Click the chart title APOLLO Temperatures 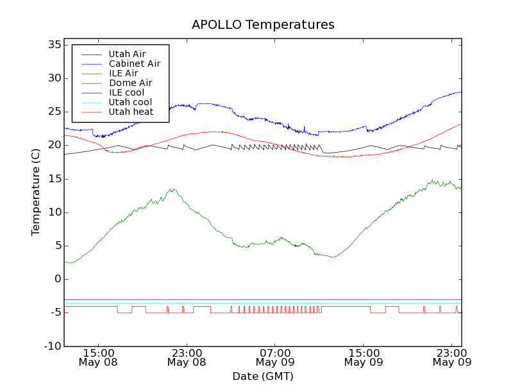click(x=263, y=25)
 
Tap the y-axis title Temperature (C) click(x=36, y=192)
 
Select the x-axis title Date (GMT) click(x=263, y=376)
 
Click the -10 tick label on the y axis click(x=52, y=346)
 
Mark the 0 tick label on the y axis click(x=57, y=279)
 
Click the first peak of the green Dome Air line click(x=172, y=189)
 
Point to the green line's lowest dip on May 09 click(x=332, y=257)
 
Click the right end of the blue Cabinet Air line click(x=460, y=92)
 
